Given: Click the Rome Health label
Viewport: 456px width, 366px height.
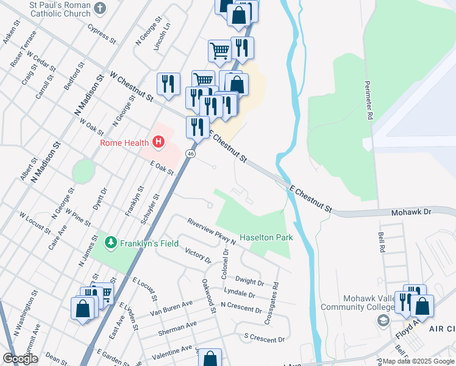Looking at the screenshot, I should (x=125, y=143).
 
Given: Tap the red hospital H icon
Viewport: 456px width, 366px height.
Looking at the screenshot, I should (x=159, y=143).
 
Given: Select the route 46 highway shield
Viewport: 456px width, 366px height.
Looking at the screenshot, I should (x=191, y=154).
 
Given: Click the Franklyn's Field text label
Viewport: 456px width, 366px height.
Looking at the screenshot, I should (x=149, y=243).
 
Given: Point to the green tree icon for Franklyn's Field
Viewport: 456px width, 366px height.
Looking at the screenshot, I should (x=111, y=243).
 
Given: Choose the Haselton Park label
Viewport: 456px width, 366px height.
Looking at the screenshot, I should (x=266, y=237).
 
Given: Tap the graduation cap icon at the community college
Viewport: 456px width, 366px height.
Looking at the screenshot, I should (x=383, y=321).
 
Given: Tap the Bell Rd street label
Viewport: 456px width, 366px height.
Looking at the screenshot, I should (x=382, y=242).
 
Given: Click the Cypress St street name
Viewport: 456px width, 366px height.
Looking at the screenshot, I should (x=101, y=34).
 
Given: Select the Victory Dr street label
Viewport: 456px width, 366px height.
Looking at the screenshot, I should (x=197, y=256).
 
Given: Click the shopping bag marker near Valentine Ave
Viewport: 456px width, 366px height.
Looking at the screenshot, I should (x=210, y=358).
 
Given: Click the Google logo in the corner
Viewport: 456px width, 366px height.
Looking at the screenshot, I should (x=20, y=359).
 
